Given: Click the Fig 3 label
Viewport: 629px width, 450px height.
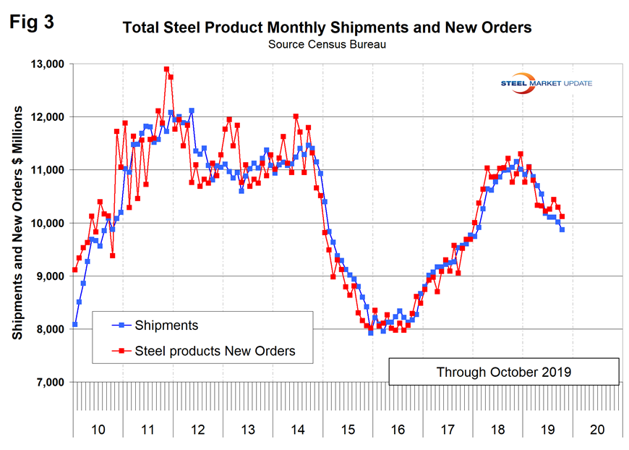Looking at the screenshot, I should (33, 21).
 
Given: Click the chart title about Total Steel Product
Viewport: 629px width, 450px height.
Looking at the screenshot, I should (327, 28).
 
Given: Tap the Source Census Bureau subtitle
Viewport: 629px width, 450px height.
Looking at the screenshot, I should (327, 44).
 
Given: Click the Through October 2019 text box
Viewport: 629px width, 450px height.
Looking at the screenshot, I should (503, 372).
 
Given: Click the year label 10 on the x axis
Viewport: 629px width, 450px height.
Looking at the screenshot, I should (98, 429).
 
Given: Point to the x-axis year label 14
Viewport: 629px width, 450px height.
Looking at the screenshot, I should (297, 429).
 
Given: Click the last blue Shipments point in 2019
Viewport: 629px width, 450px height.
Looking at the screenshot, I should (562, 229).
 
